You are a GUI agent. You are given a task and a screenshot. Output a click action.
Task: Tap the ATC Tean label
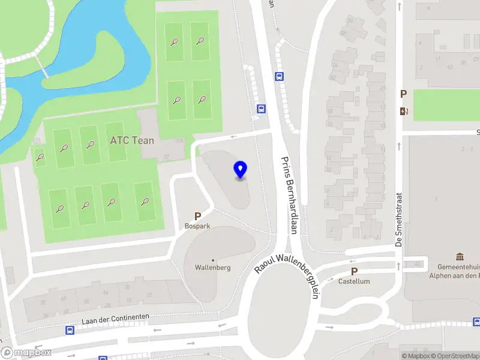coord(132,140)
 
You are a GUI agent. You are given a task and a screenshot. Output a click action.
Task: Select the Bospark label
coord(197,227)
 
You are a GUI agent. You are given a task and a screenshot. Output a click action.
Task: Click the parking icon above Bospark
coord(197,216)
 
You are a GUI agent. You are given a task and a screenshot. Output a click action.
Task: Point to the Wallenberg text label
coord(212,268)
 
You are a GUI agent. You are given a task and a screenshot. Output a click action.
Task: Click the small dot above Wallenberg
coord(212,260)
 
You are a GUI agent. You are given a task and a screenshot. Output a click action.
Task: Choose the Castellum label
coord(354,281)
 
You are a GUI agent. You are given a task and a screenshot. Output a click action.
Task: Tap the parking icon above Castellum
coord(354,271)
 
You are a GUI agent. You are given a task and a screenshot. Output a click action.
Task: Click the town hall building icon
coord(460,257)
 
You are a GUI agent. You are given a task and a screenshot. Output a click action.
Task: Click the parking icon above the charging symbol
coord(404,94)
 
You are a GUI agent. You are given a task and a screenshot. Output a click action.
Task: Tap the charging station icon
coord(404,110)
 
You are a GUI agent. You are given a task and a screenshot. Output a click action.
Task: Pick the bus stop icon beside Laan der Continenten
coord(70,330)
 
